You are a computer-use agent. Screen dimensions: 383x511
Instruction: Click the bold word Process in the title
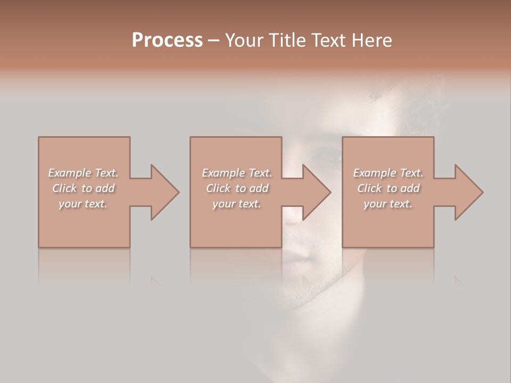pos(167,40)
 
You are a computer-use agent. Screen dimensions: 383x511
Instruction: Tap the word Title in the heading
pos(286,40)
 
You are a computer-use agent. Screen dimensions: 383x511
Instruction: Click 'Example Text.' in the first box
pos(83,173)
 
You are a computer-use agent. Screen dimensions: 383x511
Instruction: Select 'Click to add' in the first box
pos(84,188)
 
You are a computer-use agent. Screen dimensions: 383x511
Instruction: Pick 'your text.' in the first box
pos(83,204)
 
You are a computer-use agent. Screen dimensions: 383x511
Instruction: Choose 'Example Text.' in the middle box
pos(237,173)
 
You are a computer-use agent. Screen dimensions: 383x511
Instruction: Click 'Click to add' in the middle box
pos(237,188)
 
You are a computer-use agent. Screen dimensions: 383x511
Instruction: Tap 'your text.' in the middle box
pos(236,204)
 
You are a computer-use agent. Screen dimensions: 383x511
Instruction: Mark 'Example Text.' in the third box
pos(388,173)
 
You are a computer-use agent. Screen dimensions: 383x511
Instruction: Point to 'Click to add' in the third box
pos(389,188)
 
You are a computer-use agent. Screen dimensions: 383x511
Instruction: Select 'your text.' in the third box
pos(388,204)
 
